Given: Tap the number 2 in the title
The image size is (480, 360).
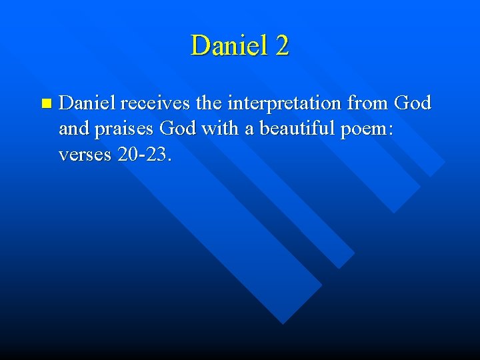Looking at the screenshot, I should (281, 46).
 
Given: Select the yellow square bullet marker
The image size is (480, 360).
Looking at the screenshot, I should (45, 103).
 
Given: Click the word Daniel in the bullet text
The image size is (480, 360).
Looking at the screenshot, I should (87, 103).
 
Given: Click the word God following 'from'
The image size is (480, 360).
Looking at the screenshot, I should (413, 103).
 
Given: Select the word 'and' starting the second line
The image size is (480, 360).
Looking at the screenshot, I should (73, 128).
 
